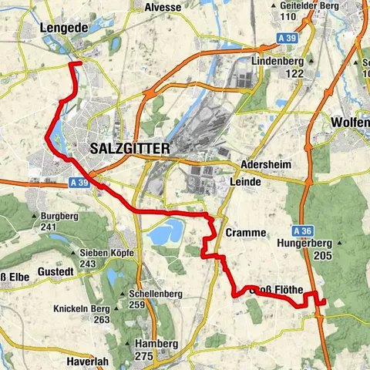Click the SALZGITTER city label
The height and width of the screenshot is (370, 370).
129,148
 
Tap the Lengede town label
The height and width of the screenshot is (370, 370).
63,27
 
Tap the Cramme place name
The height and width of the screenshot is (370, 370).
246,232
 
